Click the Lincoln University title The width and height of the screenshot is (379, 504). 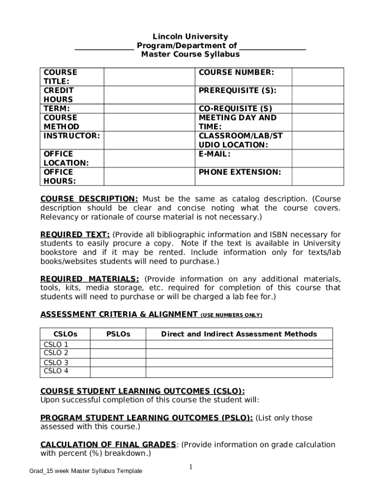click(x=190, y=36)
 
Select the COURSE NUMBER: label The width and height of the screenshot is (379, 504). click(x=236, y=72)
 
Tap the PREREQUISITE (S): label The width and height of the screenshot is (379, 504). click(x=237, y=91)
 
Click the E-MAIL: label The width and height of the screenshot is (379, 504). click(x=215, y=154)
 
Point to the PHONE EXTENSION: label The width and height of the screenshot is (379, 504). click(x=240, y=172)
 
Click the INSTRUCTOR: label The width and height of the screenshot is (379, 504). click(x=72, y=135)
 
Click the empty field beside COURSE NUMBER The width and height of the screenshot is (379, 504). click(x=317, y=77)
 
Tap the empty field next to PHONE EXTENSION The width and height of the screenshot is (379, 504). click(x=317, y=176)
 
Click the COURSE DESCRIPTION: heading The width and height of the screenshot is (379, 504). click(x=89, y=199)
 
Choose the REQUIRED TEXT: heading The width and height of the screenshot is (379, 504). click(x=75, y=235)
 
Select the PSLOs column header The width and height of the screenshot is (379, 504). click(x=118, y=334)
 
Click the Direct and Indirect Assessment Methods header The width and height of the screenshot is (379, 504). click(x=239, y=334)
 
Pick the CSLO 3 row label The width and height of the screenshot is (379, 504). click(x=56, y=363)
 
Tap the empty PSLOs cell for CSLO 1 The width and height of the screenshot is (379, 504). click(x=118, y=345)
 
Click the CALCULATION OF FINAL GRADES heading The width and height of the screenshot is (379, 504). click(x=108, y=444)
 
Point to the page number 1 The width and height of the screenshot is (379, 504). click(x=190, y=467)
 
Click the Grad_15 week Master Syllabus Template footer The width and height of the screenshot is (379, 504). click(x=86, y=471)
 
